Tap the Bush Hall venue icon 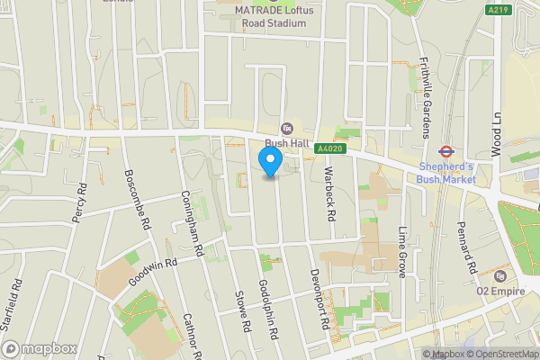pyautogui.click(x=287, y=129)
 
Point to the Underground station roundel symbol pyautogui.click(x=445, y=151)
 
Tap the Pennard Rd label pyautogui.click(x=465, y=248)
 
